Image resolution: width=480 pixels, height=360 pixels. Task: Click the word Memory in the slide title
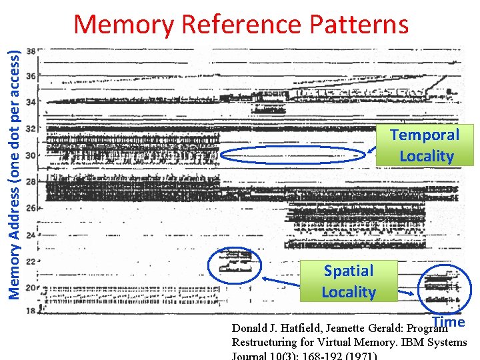[123, 25]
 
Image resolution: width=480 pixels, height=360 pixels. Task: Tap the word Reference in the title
[241, 25]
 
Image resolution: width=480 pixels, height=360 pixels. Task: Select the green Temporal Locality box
[425, 145]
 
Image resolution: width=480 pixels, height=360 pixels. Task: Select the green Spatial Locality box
[349, 281]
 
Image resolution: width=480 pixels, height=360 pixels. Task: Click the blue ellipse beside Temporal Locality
[295, 155]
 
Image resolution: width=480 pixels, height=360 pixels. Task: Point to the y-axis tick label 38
[31, 51]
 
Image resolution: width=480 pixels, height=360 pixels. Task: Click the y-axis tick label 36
[31, 76]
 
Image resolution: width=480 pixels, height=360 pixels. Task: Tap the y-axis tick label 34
[31, 102]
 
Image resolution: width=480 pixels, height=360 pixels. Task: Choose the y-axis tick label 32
[31, 129]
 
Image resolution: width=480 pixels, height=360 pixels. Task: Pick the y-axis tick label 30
[31, 155]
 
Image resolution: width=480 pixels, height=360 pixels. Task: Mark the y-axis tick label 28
[31, 181]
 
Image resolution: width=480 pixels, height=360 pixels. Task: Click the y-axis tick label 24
[31, 234]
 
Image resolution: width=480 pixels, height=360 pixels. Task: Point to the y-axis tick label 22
[31, 261]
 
